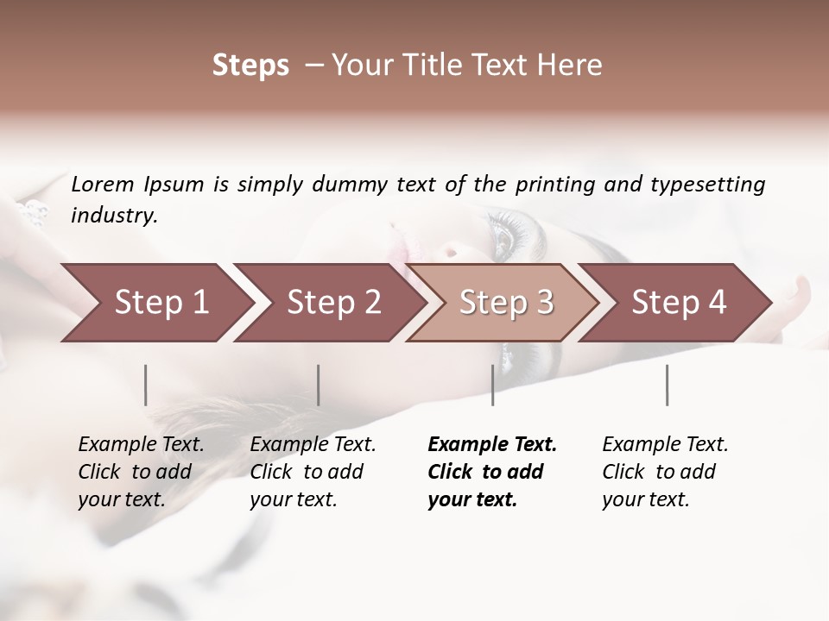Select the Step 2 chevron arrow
(x=333, y=303)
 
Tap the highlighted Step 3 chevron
(x=506, y=303)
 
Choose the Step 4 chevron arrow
(x=679, y=303)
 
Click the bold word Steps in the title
(x=250, y=66)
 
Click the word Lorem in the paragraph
(x=103, y=184)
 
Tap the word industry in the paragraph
(x=113, y=216)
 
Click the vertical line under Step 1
(x=146, y=385)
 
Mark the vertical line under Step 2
(x=319, y=385)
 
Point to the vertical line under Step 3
(x=492, y=385)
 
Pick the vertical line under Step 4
(x=668, y=385)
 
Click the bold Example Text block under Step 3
(x=491, y=472)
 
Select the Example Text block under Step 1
(x=141, y=472)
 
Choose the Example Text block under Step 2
(x=313, y=472)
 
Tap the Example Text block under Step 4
(x=665, y=472)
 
